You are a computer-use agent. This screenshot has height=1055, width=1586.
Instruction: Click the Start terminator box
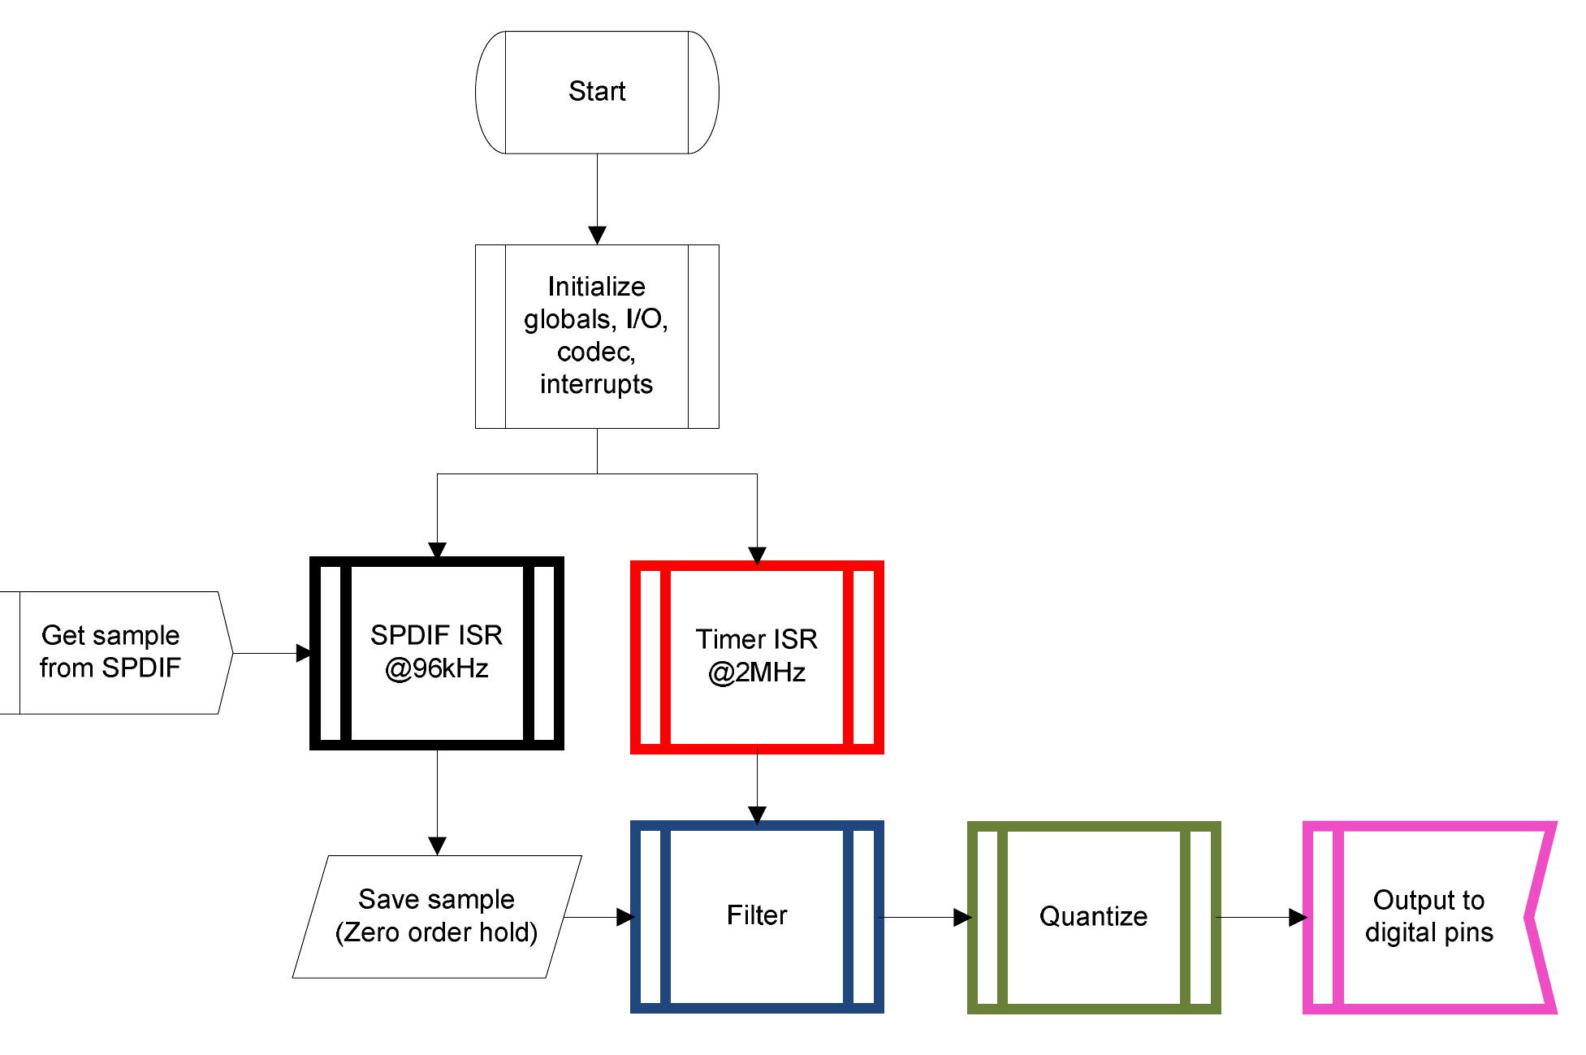tap(597, 92)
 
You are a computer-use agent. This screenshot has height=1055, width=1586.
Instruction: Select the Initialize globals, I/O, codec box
tap(597, 335)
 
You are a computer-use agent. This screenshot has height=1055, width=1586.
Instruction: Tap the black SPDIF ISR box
tap(437, 653)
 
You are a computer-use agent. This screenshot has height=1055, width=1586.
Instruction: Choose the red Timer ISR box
tap(757, 656)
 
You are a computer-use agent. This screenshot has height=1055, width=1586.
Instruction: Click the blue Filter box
tap(757, 916)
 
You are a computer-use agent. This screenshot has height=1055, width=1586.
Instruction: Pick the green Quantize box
tap(1094, 917)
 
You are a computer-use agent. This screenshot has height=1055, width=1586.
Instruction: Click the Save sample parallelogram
tap(437, 916)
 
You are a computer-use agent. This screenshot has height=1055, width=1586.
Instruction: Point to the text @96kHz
tap(437, 669)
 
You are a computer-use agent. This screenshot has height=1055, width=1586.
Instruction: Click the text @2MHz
tap(757, 673)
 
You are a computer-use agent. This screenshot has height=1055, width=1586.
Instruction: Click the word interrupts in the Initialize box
tap(597, 384)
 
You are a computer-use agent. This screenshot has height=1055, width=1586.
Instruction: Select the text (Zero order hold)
tap(437, 932)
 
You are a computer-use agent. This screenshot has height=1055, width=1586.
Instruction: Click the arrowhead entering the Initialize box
tap(597, 236)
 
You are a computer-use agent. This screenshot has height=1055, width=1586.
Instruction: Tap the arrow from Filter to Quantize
tap(927, 918)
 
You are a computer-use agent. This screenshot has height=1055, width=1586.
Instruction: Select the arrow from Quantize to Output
tap(1261, 918)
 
